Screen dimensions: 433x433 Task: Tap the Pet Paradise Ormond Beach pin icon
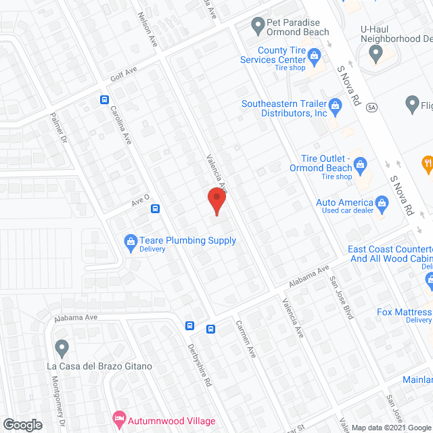tap(257, 26)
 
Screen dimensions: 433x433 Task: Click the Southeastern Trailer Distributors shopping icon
tap(334, 106)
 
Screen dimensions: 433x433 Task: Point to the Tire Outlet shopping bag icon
tap(361, 163)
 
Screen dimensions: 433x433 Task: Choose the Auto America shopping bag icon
tap(382, 202)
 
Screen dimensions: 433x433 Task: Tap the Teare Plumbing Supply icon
tap(130, 241)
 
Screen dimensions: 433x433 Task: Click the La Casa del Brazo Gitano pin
tap(62, 348)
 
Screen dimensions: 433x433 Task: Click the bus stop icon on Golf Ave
tap(105, 99)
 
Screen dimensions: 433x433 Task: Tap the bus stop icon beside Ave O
tap(155, 208)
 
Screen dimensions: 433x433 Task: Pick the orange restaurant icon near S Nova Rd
tap(428, 162)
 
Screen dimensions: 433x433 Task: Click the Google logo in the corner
tap(22, 424)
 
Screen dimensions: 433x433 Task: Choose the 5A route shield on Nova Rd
tap(371, 107)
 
